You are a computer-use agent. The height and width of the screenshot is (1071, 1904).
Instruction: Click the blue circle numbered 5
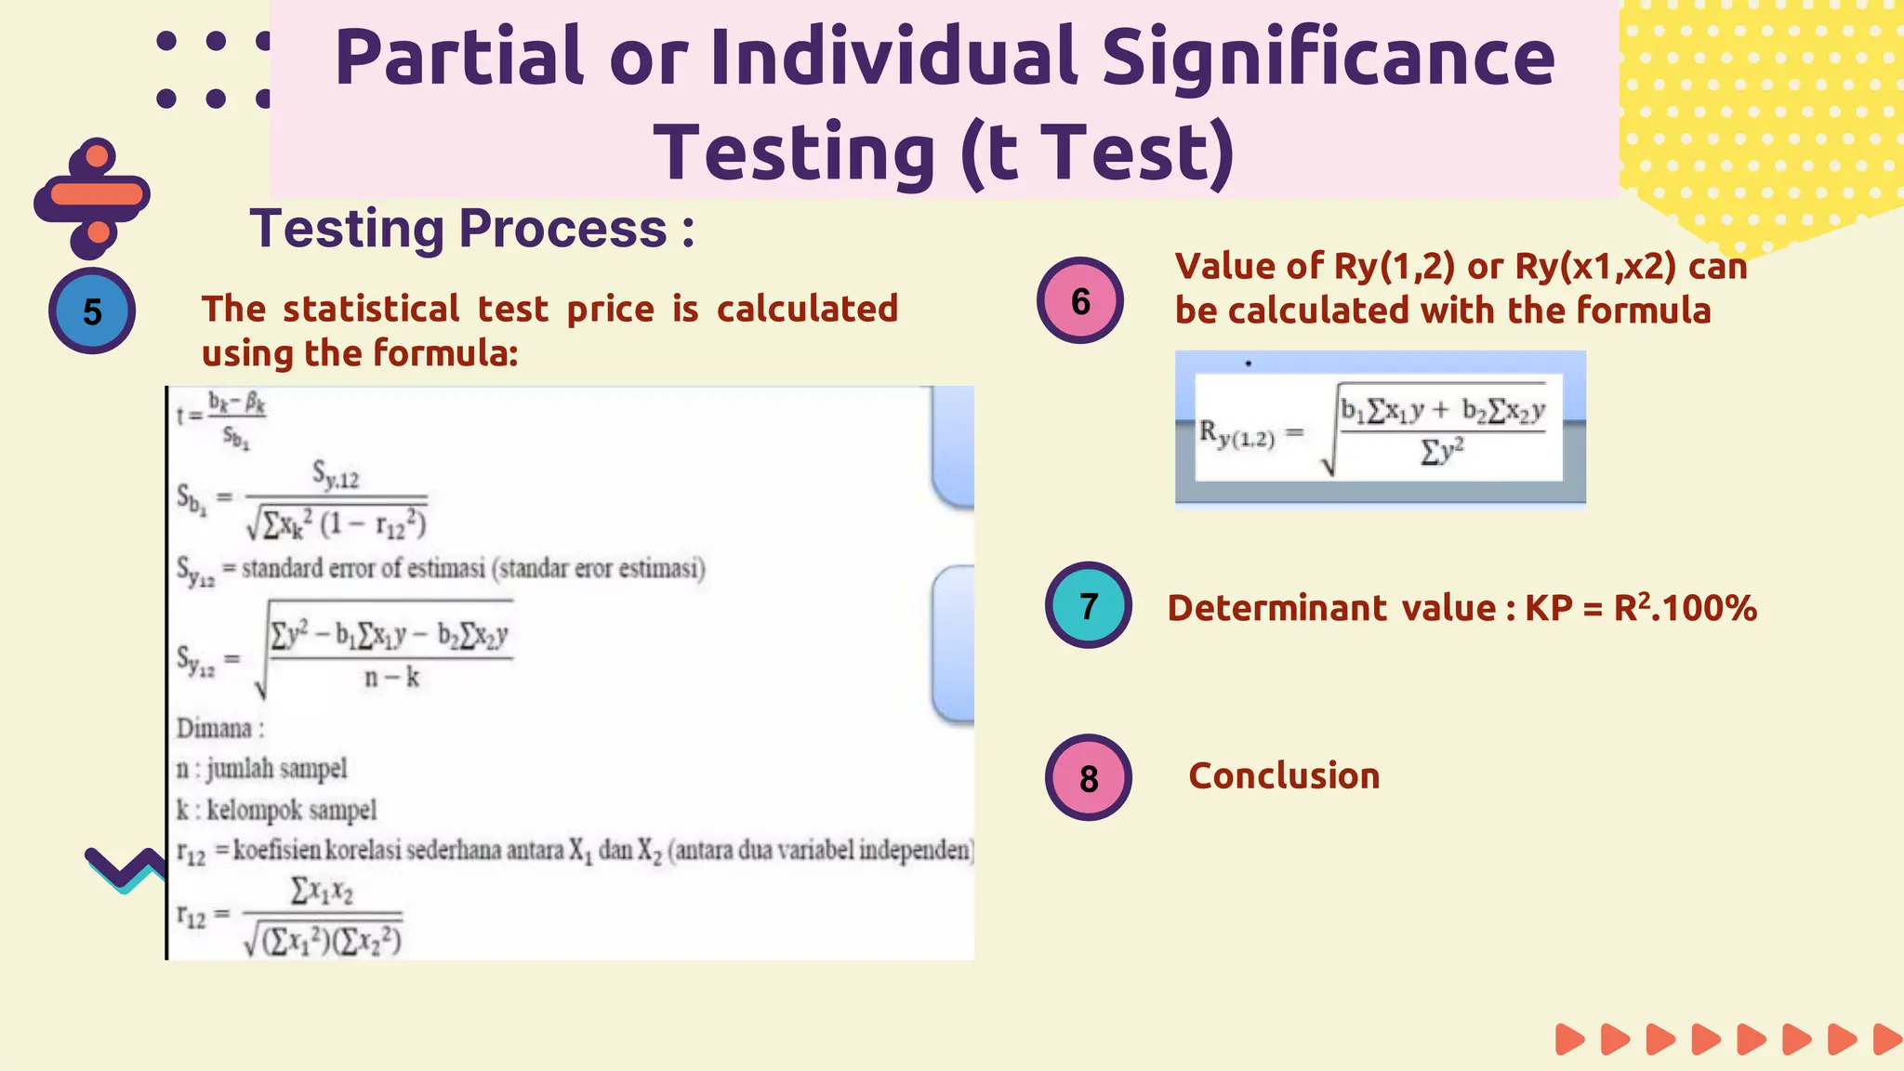pyautogui.click(x=92, y=311)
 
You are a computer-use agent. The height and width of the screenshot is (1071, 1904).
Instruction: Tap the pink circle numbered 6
pyautogui.click(x=1080, y=300)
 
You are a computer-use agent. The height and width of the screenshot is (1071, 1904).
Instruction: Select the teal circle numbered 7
pyautogui.click(x=1088, y=605)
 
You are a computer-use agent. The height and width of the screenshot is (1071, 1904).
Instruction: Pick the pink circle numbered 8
pyautogui.click(x=1088, y=778)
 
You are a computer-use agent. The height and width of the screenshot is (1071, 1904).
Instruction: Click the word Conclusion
pyautogui.click(x=1284, y=775)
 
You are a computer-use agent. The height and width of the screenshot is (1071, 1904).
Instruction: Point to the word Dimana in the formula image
pyautogui.click(x=215, y=728)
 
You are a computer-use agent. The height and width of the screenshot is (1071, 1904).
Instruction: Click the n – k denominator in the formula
pyautogui.click(x=391, y=678)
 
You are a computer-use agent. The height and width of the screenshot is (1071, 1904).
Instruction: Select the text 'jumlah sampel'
pyautogui.click(x=276, y=769)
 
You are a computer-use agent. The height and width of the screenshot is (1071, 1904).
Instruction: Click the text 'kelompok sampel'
pyautogui.click(x=291, y=810)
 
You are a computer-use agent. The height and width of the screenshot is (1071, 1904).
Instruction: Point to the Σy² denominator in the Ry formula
pyautogui.click(x=1442, y=452)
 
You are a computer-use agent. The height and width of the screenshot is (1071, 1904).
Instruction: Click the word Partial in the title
pyautogui.click(x=459, y=58)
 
